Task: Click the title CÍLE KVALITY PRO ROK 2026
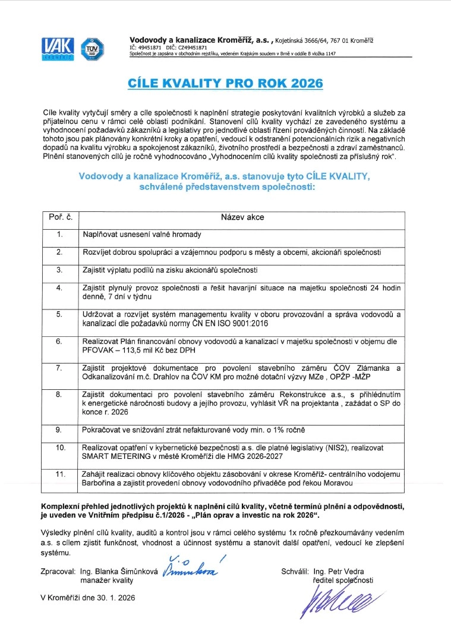click(x=226, y=83)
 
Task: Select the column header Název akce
click(x=242, y=218)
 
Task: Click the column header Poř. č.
click(x=59, y=218)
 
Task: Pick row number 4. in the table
click(x=59, y=287)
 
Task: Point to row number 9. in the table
click(x=59, y=429)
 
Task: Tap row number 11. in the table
click(x=59, y=474)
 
